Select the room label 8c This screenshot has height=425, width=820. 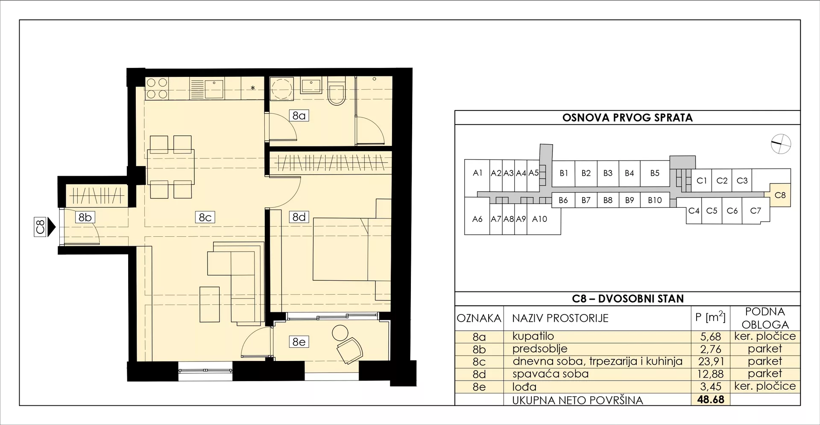[205, 217]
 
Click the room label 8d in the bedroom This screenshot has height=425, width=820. [299, 217]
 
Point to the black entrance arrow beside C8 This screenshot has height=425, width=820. [51, 227]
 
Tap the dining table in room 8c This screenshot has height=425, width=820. [171, 167]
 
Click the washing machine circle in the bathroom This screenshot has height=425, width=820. [282, 89]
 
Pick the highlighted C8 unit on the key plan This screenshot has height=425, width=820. [780, 195]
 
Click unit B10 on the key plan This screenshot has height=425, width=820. [655, 200]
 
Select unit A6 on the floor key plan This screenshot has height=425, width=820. [477, 219]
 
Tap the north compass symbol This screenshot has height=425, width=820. [781, 144]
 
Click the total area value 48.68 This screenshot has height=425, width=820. [711, 399]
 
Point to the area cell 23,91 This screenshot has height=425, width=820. [711, 361]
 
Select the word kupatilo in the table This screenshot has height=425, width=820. [533, 337]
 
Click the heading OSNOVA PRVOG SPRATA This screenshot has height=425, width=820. [627, 118]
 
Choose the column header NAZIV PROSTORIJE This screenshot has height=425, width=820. [560, 318]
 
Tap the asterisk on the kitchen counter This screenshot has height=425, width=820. [253, 88]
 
